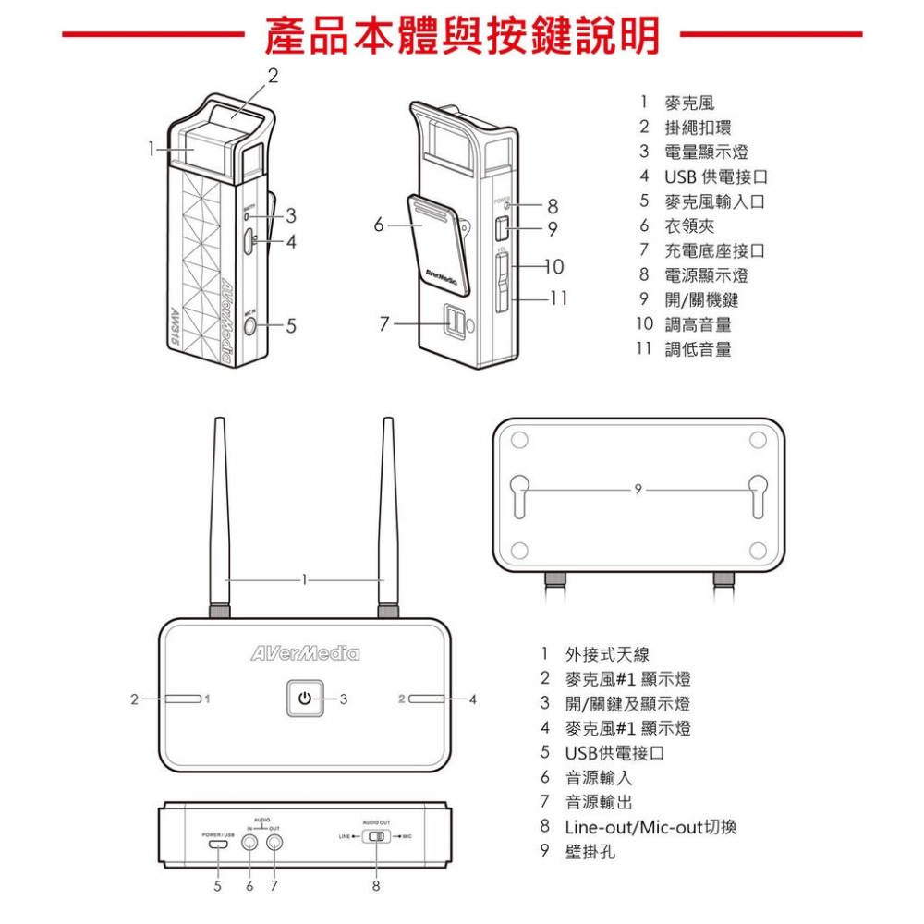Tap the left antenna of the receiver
(x=220, y=517)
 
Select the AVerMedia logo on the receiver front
(x=305, y=654)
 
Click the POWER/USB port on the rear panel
(x=218, y=843)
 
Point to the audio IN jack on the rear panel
(x=249, y=842)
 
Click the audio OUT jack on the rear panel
(x=274, y=842)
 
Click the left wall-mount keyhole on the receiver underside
(x=519, y=494)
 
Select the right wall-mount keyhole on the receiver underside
(x=759, y=494)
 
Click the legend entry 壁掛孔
(x=590, y=851)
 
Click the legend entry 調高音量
(x=698, y=324)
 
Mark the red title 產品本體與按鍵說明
(x=462, y=35)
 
